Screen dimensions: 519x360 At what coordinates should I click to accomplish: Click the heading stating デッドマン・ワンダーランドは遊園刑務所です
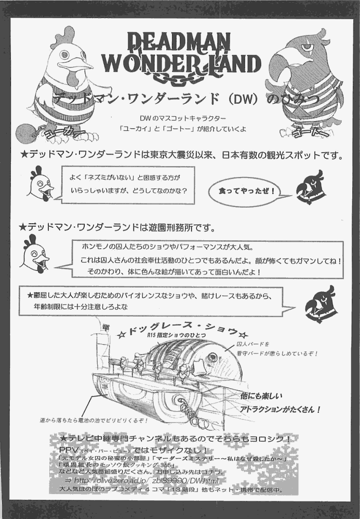click(117, 228)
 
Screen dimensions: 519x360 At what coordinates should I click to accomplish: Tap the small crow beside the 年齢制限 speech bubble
click(321, 305)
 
